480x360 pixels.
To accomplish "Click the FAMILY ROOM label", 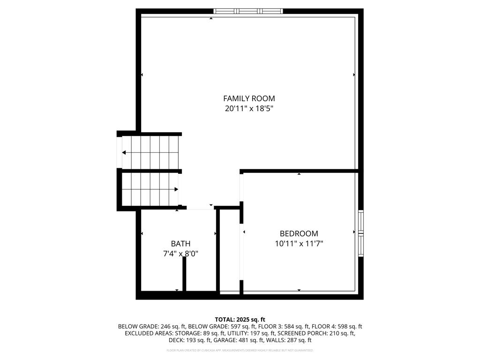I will pyautogui.click(x=249, y=98).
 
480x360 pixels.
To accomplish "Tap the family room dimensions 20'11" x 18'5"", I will pyautogui.click(x=249, y=109).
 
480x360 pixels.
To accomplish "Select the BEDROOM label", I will pyautogui.click(x=299, y=233).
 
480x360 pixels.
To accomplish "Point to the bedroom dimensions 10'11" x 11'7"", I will pyautogui.click(x=299, y=244).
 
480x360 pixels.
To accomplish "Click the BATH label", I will pyautogui.click(x=180, y=244).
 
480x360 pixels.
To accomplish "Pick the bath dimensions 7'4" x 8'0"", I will pyautogui.click(x=180, y=254).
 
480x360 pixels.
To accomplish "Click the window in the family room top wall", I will pyautogui.click(x=248, y=11).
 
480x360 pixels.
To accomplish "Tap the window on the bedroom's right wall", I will pyautogui.click(x=360, y=233).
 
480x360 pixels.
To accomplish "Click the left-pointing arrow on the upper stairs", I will pyautogui.click(x=124, y=152).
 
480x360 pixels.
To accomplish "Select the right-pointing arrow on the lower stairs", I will pyautogui.click(x=176, y=189).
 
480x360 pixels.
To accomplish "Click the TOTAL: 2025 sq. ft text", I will pyautogui.click(x=240, y=319).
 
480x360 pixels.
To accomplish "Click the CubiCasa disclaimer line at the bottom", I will pyautogui.click(x=240, y=350).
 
